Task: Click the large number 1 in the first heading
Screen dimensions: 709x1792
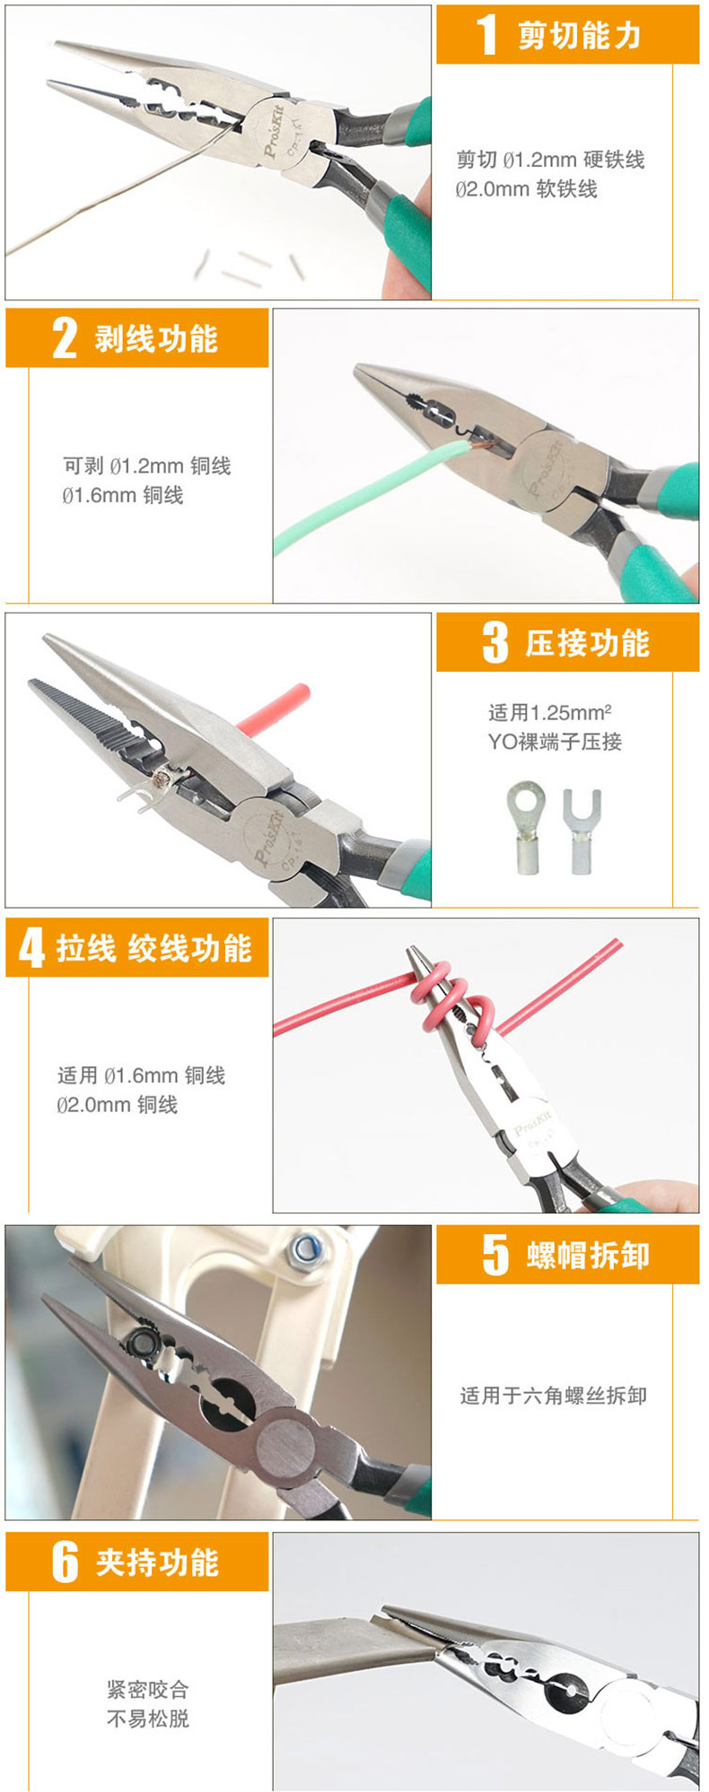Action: click(x=486, y=35)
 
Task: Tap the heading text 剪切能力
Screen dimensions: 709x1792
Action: click(x=580, y=35)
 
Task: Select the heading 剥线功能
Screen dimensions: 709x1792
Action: click(x=156, y=338)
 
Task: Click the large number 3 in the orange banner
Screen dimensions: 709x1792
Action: click(x=495, y=642)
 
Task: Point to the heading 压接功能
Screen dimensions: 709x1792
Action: click(x=587, y=643)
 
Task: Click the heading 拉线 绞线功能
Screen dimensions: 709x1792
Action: click(x=154, y=948)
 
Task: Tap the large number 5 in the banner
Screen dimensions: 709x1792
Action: click(x=495, y=1255)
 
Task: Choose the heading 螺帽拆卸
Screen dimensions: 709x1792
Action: click(x=588, y=1256)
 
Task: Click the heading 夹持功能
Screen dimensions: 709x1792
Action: click(x=157, y=1562)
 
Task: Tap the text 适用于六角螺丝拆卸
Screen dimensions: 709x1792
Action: click(x=553, y=1396)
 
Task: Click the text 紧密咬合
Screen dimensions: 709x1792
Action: click(x=148, y=1690)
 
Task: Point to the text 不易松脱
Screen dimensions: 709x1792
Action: click(x=148, y=1718)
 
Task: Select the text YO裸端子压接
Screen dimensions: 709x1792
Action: click(x=555, y=742)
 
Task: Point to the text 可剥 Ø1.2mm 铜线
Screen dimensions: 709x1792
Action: click(x=146, y=465)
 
